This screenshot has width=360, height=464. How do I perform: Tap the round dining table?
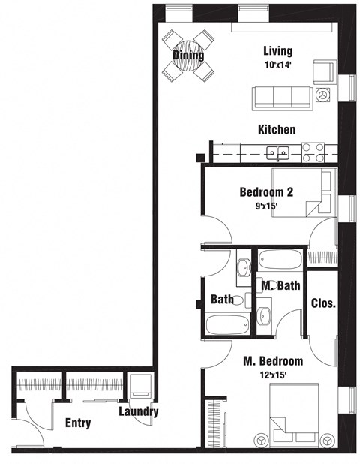pyautogui.click(x=187, y=58)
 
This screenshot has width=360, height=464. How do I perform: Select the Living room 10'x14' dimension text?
pyautogui.click(x=277, y=65)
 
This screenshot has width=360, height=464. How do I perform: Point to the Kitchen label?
pyautogui.click(x=277, y=130)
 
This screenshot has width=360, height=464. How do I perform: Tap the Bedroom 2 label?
pyautogui.click(x=266, y=191)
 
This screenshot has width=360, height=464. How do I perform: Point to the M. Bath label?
pyautogui.click(x=277, y=286)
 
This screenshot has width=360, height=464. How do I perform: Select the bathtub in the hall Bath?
pyautogui.click(x=227, y=324)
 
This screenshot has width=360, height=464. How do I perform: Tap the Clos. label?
pyautogui.click(x=323, y=303)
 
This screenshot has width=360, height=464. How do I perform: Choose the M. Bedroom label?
pyautogui.click(x=273, y=360)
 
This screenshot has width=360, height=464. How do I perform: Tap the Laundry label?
pyautogui.click(x=139, y=411)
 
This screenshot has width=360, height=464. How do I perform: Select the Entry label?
pyautogui.click(x=78, y=423)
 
